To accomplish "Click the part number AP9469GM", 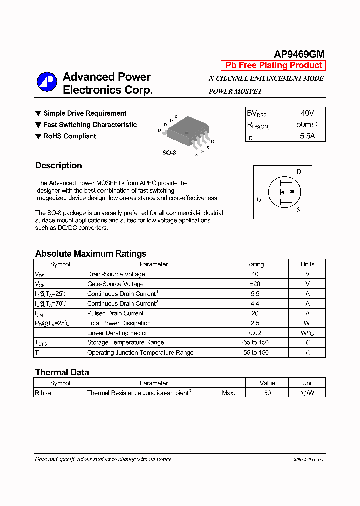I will [x=299, y=54].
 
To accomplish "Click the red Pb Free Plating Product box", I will [x=273, y=65].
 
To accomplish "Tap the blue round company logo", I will [x=47, y=82].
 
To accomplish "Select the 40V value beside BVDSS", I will [x=307, y=113].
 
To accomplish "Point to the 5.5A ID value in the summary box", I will [x=307, y=136].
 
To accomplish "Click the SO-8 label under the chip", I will [x=169, y=153].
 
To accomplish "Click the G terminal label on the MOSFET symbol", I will [x=259, y=199].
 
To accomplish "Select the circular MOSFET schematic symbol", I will [x=283, y=192].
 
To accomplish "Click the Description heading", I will [x=59, y=165].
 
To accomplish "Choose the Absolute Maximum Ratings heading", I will [x=91, y=254].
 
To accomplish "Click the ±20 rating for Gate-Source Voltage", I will [x=255, y=284].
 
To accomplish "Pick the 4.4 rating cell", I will [x=255, y=303].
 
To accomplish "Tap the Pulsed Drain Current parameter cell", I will [x=116, y=313].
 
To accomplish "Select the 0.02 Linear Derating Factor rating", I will [x=255, y=333].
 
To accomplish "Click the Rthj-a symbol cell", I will [x=43, y=393].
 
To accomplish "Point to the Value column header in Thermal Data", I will [x=267, y=383].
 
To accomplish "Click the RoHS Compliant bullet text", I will [x=69, y=136].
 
